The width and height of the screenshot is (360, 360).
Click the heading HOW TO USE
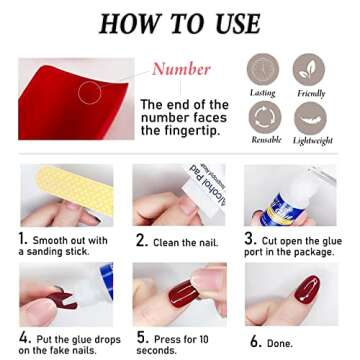point(180,23)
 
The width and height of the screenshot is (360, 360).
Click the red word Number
point(181,68)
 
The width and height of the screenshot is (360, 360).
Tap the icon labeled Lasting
point(264,69)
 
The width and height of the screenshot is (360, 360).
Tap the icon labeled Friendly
point(305,69)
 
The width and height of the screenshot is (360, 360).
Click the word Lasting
point(264,92)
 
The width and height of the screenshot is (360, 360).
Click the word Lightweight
point(307,142)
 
